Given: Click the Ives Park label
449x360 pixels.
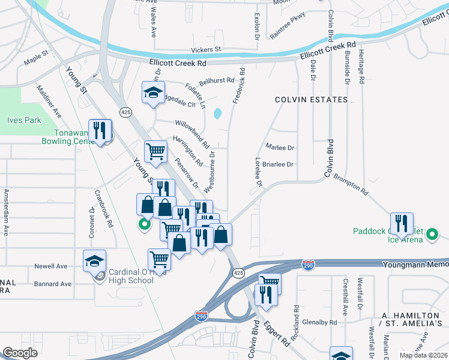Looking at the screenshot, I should point(24,120).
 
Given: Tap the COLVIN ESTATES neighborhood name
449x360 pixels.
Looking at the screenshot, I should point(311,99).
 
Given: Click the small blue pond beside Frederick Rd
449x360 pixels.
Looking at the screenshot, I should point(217,113).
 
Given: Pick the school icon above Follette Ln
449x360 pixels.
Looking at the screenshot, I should point(153,92).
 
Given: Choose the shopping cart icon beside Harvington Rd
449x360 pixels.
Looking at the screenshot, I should point(155,151).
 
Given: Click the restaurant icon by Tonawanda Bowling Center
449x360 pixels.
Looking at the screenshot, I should point(100,130).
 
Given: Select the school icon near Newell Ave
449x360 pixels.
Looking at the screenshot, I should point(94,260).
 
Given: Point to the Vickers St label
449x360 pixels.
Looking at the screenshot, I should point(206,49).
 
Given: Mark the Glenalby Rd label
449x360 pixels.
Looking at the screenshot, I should point(319,322).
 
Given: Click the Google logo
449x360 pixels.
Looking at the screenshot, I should point(20,353).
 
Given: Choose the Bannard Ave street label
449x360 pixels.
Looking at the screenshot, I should point(53,284).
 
